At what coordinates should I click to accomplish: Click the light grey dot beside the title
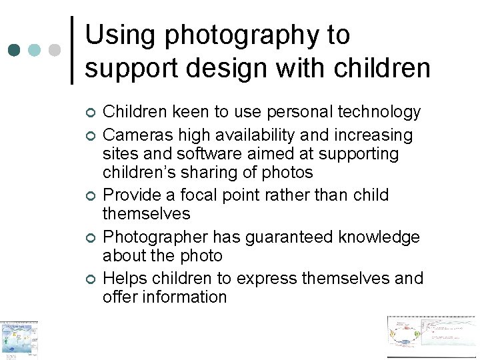[55, 50]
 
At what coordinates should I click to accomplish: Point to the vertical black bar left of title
[72, 50]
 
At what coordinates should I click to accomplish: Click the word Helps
[127, 278]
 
